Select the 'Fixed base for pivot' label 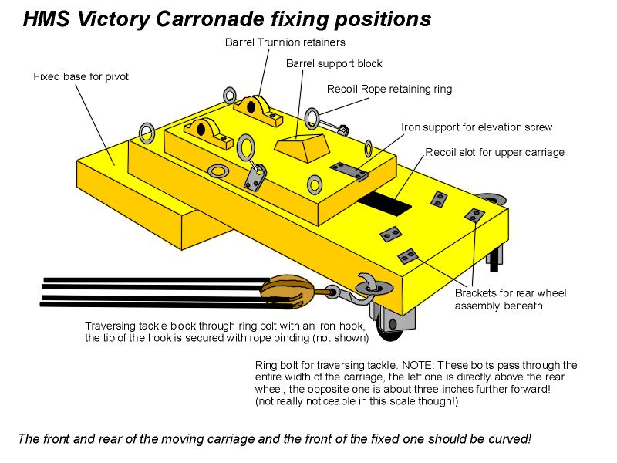tap(81, 76)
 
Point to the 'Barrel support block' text tap(333, 63)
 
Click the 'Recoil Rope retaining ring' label tap(389, 89)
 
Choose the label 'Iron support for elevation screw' tap(477, 127)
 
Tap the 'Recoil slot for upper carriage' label tap(494, 152)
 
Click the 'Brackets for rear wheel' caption tap(511, 292)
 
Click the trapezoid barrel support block tap(302, 146)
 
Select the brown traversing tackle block tap(288, 291)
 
